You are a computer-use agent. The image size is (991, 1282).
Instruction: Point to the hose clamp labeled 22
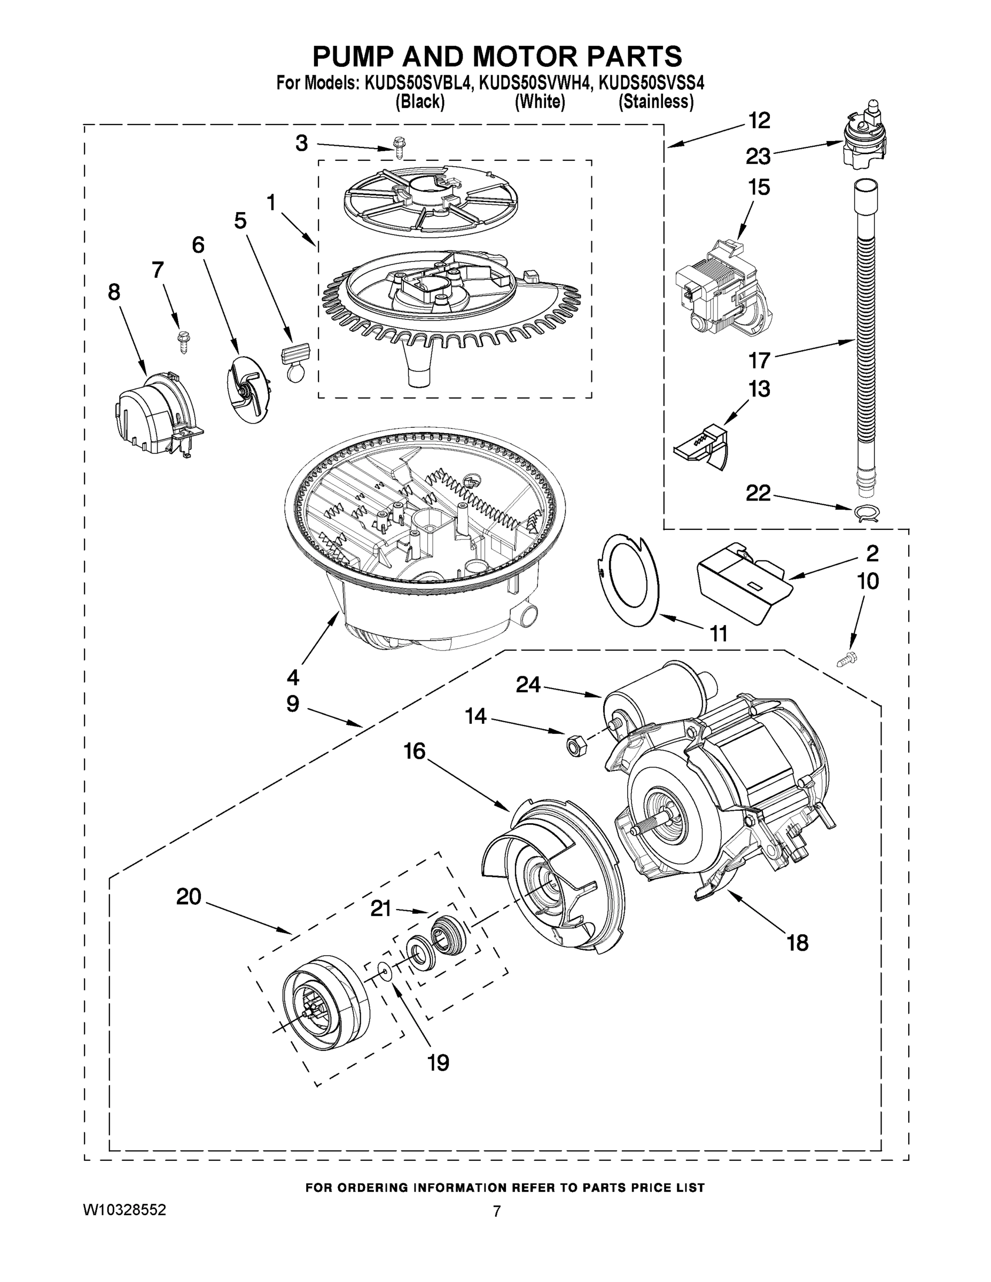pos(865,513)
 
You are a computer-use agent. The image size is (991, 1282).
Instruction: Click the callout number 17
pos(759,360)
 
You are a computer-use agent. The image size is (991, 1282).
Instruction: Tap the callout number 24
pos(528,684)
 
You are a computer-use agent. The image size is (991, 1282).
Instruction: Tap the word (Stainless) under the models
pos(656,102)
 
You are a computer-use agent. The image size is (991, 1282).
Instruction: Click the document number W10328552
pos(124,1209)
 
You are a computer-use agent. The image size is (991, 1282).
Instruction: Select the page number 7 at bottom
pos(497,1211)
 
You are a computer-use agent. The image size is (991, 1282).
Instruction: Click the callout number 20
pos(189,896)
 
